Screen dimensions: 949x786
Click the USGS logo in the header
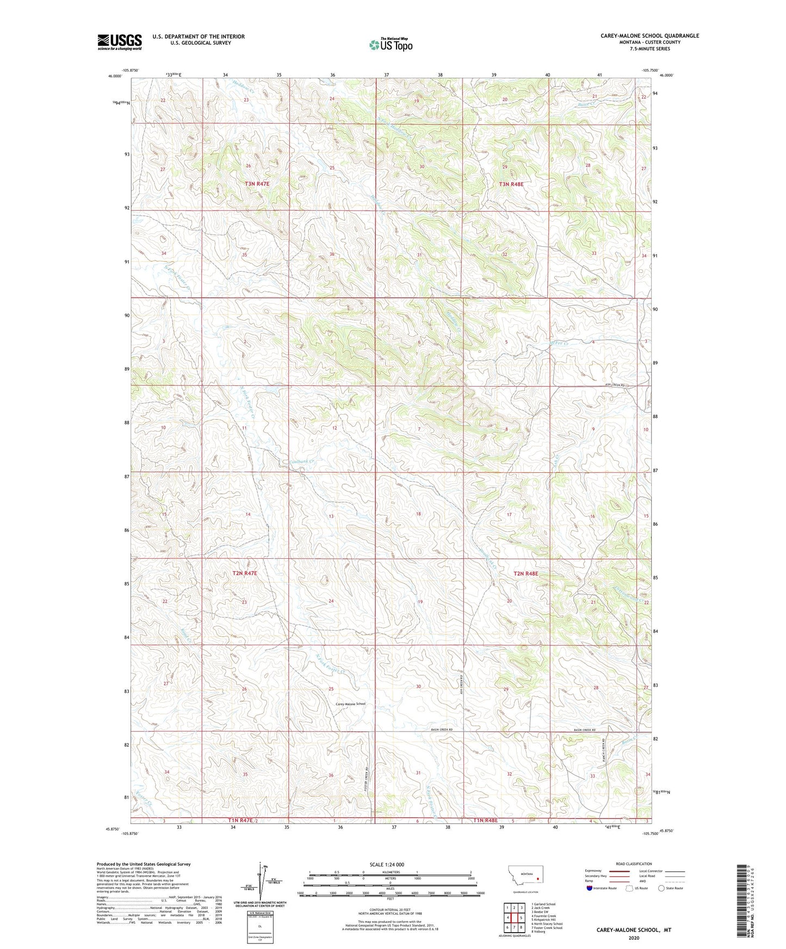(x=119, y=42)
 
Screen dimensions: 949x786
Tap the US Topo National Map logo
(x=391, y=45)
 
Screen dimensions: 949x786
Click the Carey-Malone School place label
(x=350, y=704)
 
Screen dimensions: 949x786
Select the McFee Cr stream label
(x=558, y=344)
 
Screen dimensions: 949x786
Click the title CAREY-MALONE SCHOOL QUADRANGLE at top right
(x=649, y=36)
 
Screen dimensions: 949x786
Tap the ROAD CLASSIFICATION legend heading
(x=634, y=864)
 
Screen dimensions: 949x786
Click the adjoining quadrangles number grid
(x=513, y=917)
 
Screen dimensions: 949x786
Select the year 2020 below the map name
(x=633, y=938)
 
